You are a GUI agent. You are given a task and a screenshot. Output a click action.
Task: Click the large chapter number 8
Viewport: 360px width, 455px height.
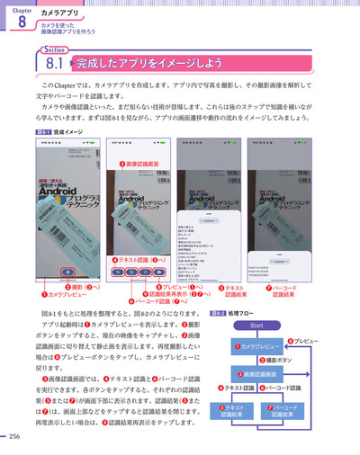coord(21,24)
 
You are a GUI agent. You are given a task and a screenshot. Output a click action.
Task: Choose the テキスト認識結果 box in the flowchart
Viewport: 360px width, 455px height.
coord(232,411)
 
